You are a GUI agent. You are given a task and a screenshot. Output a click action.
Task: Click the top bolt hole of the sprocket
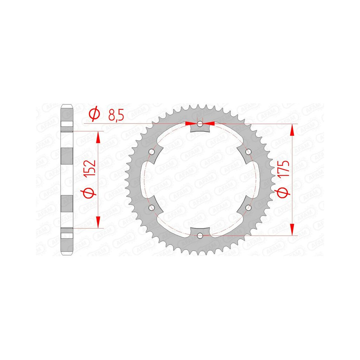point(200,124)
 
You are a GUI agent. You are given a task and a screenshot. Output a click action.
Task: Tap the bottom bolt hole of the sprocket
point(200,235)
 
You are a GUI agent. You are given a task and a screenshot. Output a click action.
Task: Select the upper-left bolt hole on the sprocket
point(152,152)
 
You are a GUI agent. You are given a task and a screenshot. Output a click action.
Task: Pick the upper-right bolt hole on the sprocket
point(248,152)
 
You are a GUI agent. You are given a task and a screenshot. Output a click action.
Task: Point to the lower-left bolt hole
point(152,208)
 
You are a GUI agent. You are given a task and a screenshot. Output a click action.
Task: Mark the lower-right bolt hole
point(248,208)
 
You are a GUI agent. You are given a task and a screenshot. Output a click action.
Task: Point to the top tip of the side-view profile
point(67,105)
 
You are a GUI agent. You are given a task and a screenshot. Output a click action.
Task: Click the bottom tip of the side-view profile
point(67,255)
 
